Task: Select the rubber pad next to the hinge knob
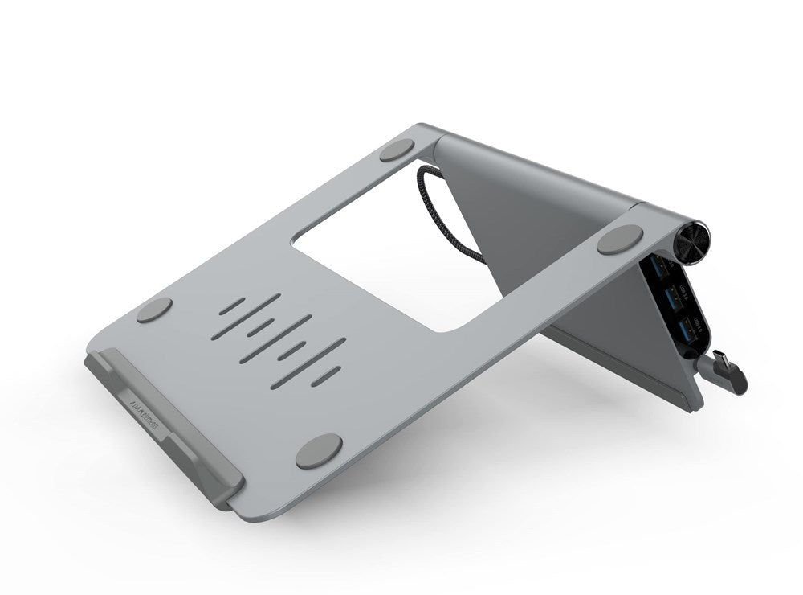(620, 239)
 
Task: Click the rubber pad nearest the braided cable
(397, 150)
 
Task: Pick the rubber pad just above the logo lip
(154, 310)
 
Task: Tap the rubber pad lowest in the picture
(319, 450)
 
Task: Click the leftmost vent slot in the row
(232, 306)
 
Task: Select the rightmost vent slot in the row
(325, 375)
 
